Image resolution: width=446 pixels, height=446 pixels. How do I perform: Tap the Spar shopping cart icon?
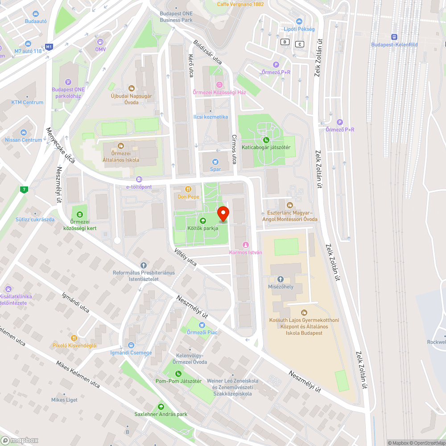tap(215, 162)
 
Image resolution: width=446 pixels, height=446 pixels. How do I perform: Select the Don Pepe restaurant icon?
tap(188, 189)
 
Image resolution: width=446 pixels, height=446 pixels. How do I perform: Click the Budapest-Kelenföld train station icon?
tap(394, 37)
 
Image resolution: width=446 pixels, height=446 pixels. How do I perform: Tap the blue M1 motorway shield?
tap(49, 46)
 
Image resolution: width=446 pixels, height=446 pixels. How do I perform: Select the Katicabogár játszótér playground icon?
tap(266, 140)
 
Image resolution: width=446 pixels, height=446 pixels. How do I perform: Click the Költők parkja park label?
tap(203, 228)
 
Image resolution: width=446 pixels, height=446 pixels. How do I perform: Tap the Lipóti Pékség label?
tap(299, 29)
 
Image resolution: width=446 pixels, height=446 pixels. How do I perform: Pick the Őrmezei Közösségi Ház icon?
tap(219, 85)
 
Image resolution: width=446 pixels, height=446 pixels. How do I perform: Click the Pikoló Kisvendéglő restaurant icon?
tap(74, 338)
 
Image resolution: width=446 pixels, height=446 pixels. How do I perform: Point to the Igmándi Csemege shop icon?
tap(131, 345)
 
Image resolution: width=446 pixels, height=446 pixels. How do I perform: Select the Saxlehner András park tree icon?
tap(161, 407)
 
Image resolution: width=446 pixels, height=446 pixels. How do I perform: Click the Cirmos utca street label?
tap(234, 149)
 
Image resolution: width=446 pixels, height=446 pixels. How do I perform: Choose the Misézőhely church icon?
tap(281, 279)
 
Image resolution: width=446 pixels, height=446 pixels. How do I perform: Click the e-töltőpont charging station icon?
tap(139, 179)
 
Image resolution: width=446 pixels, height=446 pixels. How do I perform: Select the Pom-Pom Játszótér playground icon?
tap(178, 374)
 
